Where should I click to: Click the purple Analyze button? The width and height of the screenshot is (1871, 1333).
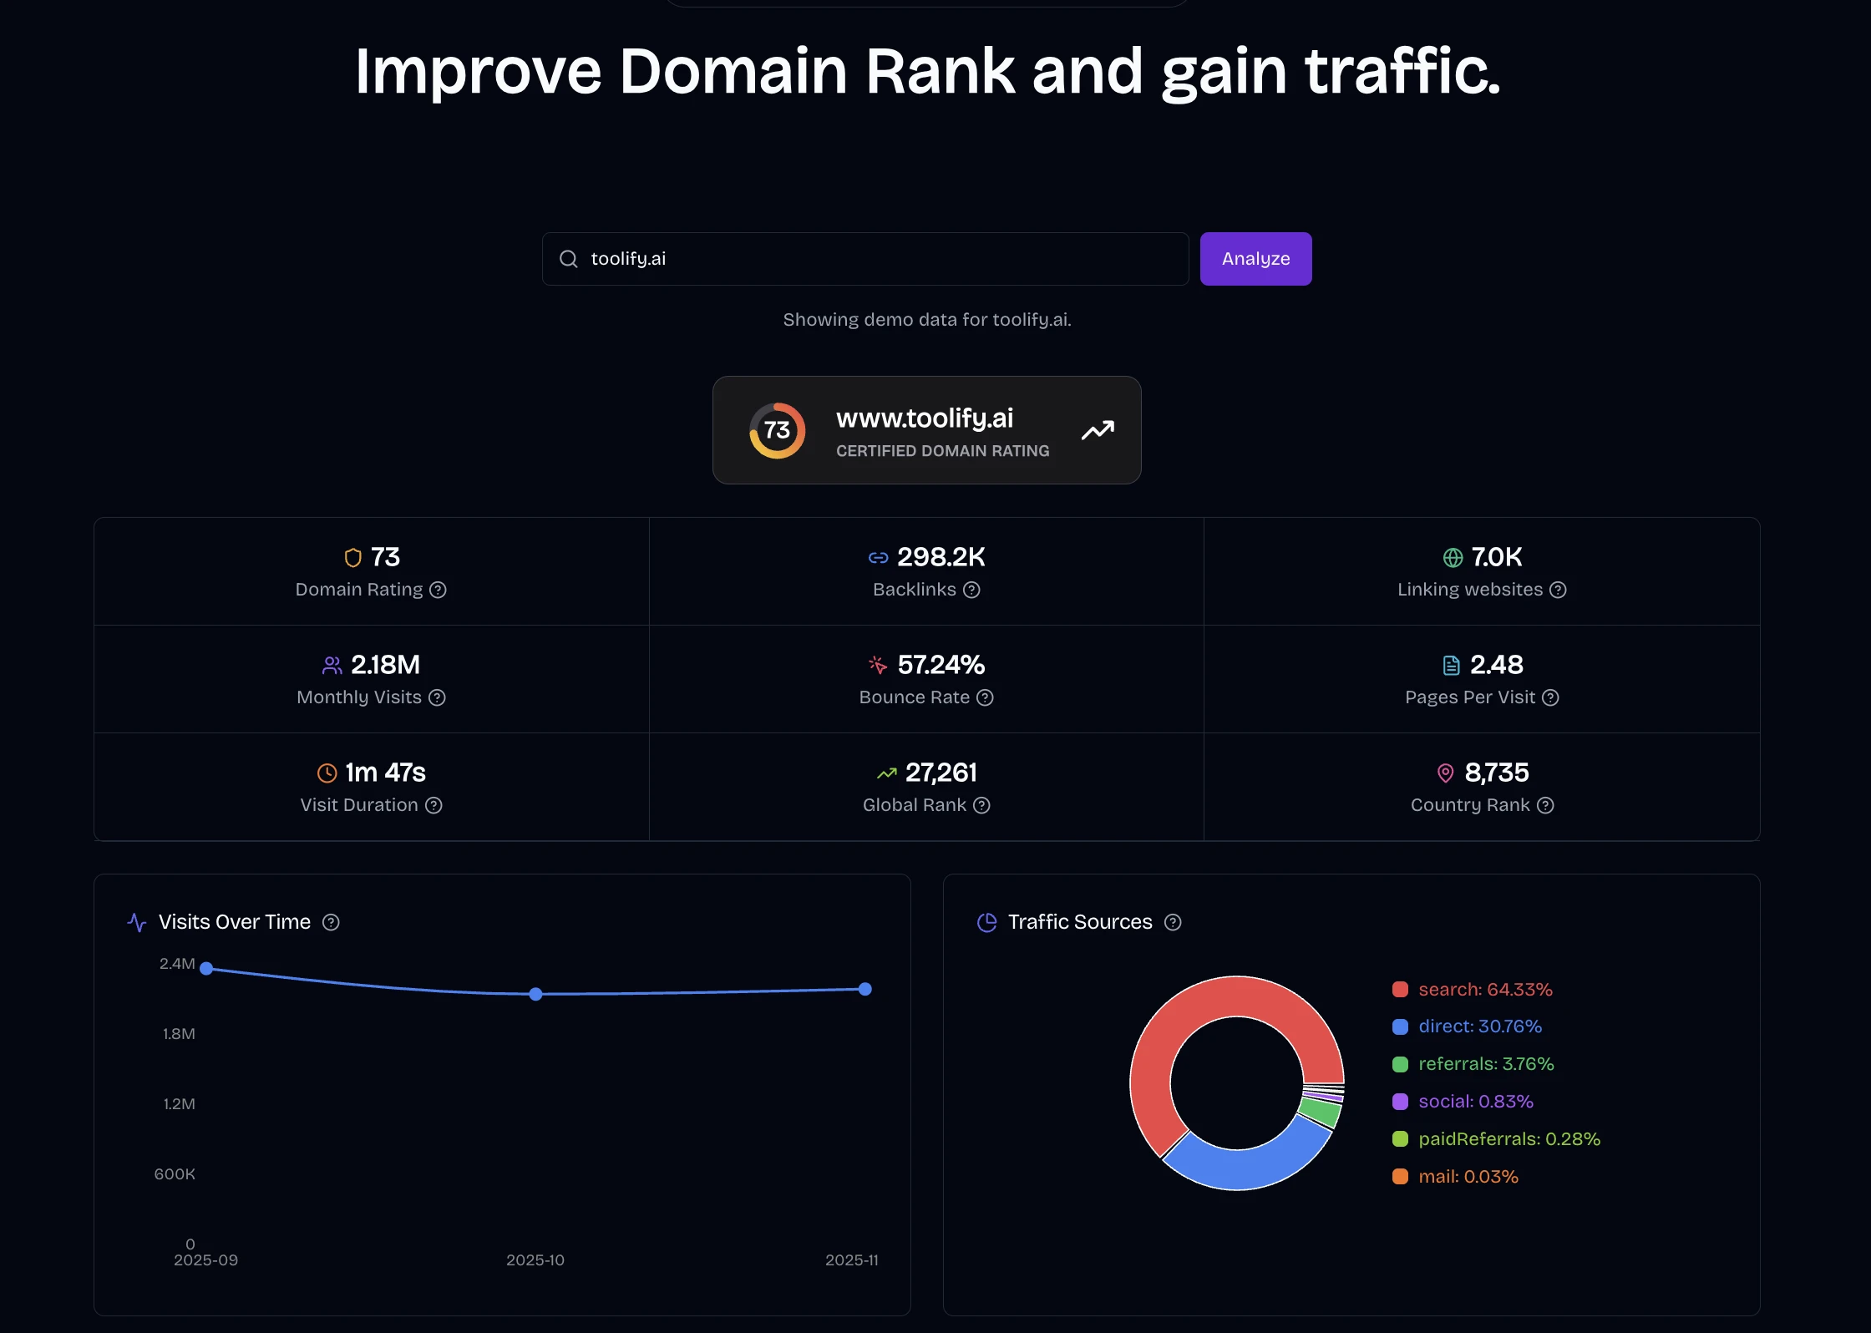coord(1255,259)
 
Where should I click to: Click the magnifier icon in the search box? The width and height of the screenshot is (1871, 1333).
coord(569,259)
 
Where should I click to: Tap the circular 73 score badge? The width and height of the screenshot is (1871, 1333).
coord(777,430)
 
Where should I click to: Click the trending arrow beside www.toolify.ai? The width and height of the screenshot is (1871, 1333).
coord(1098,430)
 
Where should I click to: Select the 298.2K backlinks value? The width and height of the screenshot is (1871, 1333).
coord(941,557)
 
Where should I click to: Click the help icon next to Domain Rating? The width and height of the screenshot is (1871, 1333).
coord(438,590)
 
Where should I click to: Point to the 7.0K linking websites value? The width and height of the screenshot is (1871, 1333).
coord(1496,557)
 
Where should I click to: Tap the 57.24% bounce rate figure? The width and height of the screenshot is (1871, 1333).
coord(941,665)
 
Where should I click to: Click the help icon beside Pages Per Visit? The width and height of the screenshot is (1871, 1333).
coord(1550,697)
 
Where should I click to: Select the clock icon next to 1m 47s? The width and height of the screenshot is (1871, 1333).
coord(327,773)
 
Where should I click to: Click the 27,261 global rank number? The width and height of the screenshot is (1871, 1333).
coord(941,773)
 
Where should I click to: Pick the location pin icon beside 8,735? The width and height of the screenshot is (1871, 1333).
coord(1445,773)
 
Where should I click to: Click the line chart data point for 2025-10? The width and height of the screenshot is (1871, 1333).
coord(536,994)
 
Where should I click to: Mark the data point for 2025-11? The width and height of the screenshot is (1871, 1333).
coord(865,989)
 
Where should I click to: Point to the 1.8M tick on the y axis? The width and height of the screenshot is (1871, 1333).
coord(179,1034)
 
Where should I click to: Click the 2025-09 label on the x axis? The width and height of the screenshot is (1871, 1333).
coord(205,1260)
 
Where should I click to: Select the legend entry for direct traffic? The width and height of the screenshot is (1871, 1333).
coord(1479,1026)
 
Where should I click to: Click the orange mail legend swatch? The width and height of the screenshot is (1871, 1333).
coord(1400,1177)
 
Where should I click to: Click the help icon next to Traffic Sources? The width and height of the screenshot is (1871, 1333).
coord(1173,922)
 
